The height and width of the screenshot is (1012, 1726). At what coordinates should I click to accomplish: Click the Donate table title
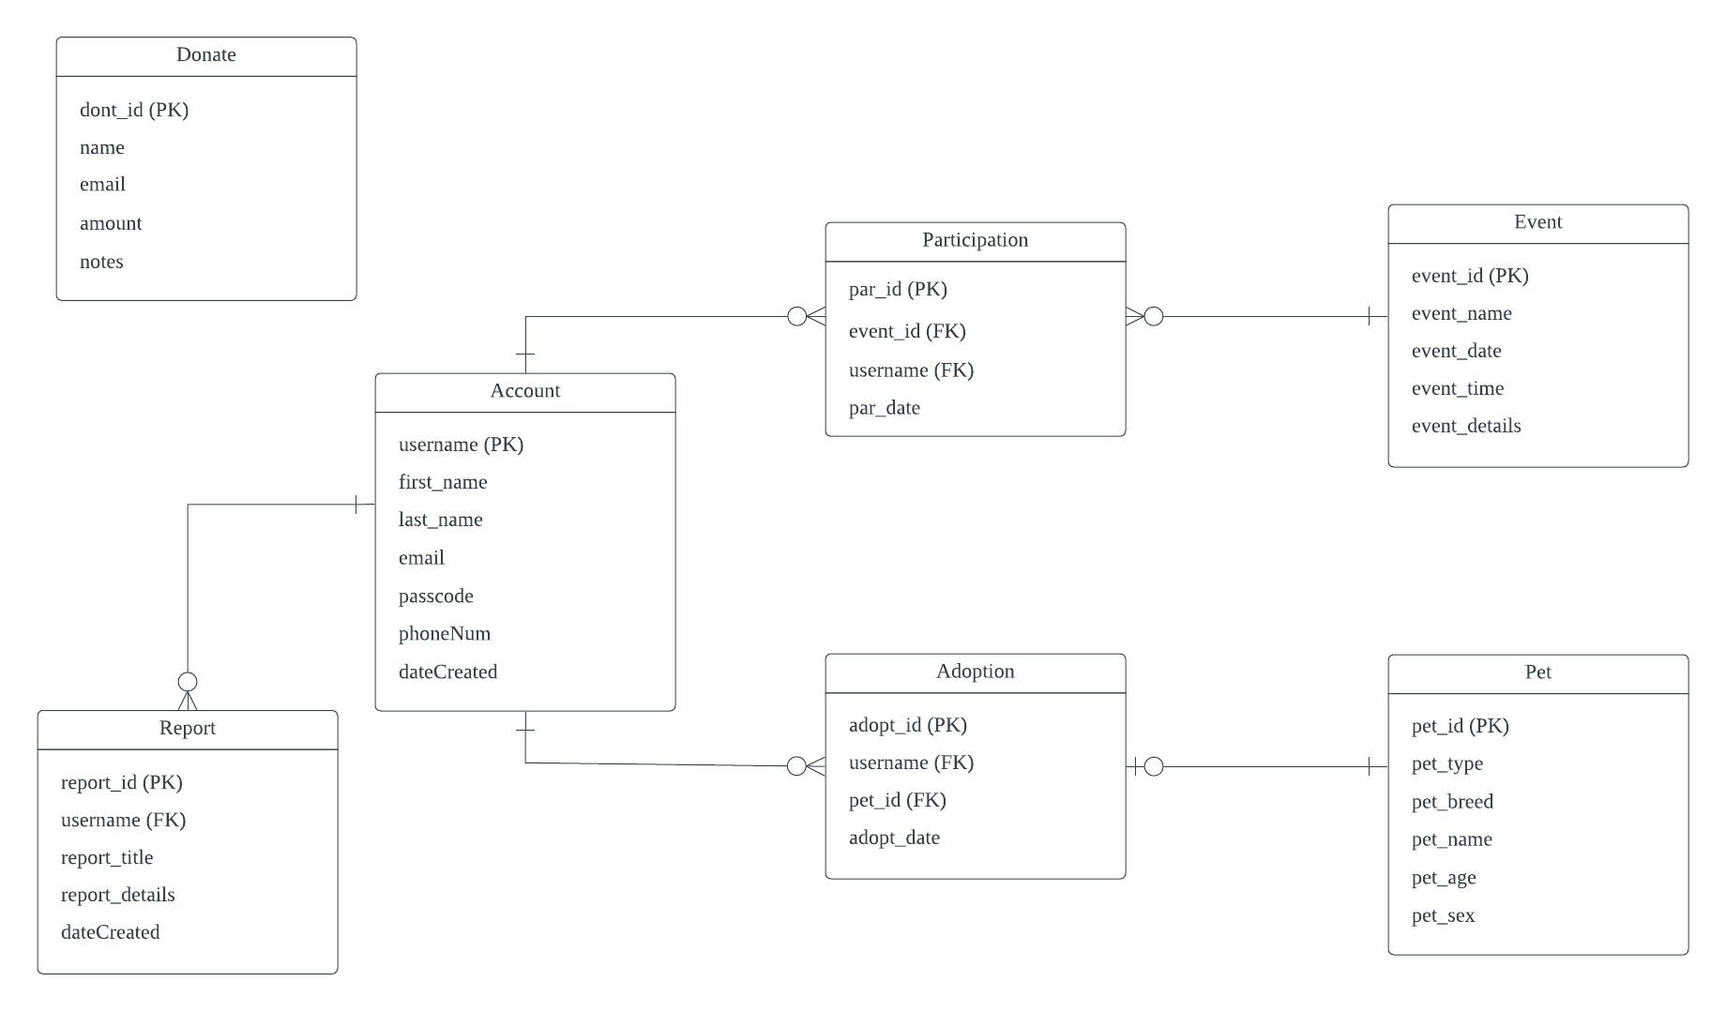(206, 55)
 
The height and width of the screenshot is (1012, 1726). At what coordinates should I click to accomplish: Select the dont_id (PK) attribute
(134, 111)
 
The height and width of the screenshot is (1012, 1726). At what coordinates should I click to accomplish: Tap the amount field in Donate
(111, 223)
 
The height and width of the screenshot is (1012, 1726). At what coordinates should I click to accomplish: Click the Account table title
(524, 391)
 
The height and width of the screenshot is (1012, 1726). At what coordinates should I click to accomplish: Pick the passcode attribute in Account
(435, 597)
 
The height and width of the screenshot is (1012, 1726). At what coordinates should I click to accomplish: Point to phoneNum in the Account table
(444, 634)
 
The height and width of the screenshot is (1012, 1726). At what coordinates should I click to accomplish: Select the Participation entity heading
(975, 240)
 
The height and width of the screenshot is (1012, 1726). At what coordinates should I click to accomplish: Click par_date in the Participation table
(884, 408)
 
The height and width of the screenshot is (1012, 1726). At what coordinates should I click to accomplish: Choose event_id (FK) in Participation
(906, 331)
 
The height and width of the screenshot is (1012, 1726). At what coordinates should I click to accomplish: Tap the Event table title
(1537, 222)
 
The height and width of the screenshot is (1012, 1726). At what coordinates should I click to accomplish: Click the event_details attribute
(1465, 426)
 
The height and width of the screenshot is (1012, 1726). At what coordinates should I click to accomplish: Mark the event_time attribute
(1457, 388)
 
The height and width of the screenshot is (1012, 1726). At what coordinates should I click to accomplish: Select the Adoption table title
(975, 672)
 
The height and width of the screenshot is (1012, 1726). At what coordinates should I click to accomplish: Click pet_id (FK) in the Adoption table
(897, 800)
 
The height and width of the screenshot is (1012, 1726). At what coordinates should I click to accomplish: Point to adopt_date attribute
(893, 838)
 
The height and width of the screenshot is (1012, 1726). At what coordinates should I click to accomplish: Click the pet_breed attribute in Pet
(1451, 802)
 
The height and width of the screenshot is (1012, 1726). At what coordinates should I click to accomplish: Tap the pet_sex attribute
(1443, 915)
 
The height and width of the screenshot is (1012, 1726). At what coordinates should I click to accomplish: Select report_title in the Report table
(107, 857)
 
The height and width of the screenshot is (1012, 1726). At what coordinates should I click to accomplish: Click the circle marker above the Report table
(188, 681)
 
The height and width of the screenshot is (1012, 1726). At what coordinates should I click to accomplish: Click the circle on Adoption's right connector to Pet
(1154, 767)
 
